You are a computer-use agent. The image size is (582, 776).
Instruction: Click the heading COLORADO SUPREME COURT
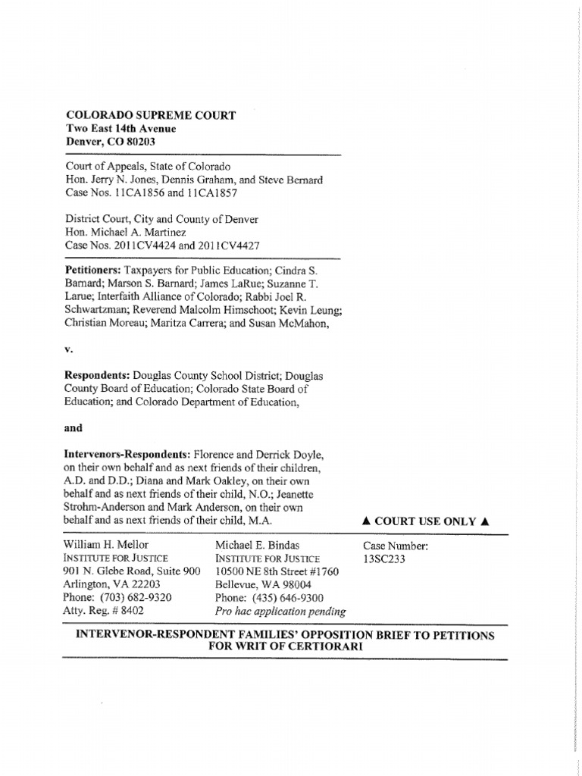point(150,115)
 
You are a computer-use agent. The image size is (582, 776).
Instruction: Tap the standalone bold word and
point(74,427)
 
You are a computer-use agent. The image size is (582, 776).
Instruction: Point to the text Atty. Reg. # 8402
point(104,610)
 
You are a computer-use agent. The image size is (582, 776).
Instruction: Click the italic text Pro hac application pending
point(280,611)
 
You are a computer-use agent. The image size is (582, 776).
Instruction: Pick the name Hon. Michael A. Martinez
point(125,232)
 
